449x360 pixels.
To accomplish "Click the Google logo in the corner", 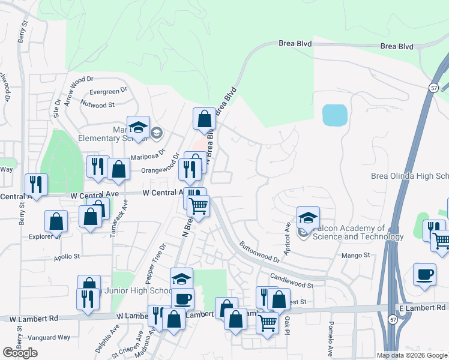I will [20, 352].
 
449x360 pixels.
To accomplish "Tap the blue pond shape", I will [334, 115].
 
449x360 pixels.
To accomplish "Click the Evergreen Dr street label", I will [108, 91].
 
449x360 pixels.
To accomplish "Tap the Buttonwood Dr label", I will [260, 252].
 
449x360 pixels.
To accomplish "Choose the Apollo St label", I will [67, 256].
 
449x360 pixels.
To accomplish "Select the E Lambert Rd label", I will [421, 307].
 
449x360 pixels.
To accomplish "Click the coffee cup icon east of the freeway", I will [425, 275].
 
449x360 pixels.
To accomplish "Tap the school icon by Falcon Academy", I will [308, 217].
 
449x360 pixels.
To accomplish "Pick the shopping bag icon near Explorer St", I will [56, 221].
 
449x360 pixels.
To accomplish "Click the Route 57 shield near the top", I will [433, 88].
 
